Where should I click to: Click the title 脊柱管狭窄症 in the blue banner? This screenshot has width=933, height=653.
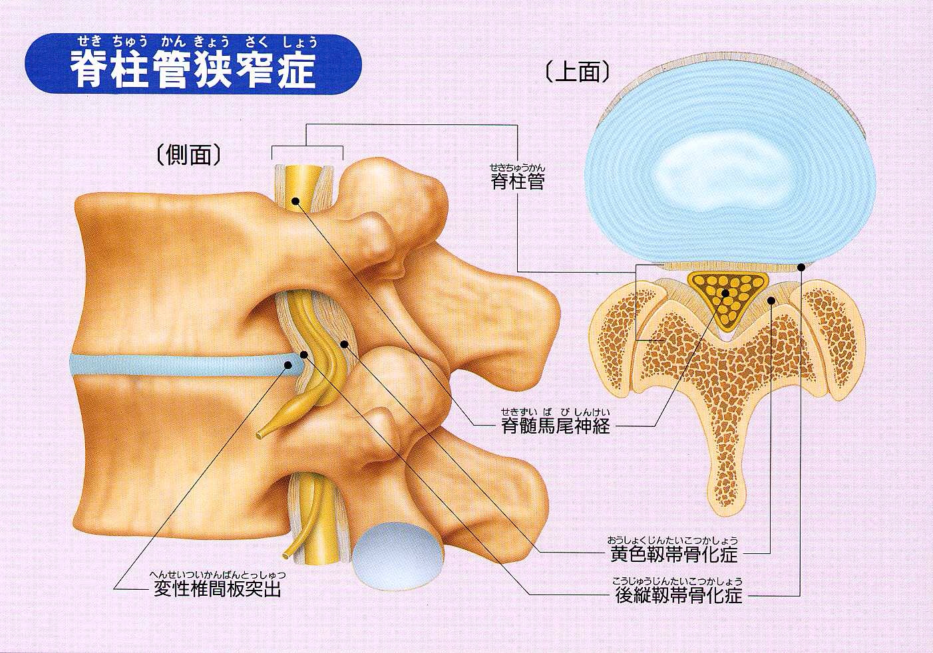pyautogui.click(x=192, y=68)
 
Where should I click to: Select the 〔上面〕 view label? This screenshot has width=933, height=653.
pyautogui.click(x=578, y=72)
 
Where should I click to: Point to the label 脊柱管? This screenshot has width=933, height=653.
pyautogui.click(x=518, y=182)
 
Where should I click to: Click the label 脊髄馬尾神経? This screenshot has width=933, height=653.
pyautogui.click(x=556, y=426)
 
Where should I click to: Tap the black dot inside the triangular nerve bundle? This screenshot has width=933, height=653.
pyautogui.click(x=725, y=293)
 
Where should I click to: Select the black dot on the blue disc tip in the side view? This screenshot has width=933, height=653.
pyautogui.click(x=287, y=365)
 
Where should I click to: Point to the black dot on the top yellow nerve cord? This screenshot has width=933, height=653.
pyautogui.click(x=295, y=201)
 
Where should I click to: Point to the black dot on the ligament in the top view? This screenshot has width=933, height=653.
pyautogui.click(x=771, y=300)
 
